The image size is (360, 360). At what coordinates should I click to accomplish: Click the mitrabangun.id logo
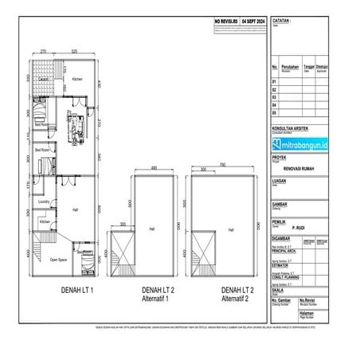[x=302, y=144]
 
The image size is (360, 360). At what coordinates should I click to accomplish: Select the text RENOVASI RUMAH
[x=302, y=169]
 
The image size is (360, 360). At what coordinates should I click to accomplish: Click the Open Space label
[x=57, y=260]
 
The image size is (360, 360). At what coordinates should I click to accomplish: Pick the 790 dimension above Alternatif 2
[x=223, y=165]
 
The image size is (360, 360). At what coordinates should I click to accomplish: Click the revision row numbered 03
[x=276, y=96]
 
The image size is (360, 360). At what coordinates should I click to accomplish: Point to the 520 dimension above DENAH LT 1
[x=73, y=52]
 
